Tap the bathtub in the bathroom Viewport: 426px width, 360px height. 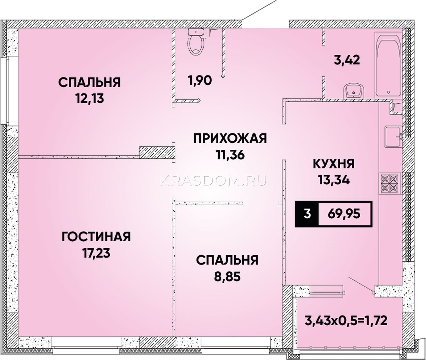[388, 65]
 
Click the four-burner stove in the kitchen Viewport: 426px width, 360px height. [390, 183]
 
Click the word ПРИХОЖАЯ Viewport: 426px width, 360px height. [230, 138]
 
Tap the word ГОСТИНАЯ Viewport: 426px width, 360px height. [96, 237]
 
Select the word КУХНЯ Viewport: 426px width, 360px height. [334, 164]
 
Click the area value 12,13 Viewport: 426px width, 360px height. [90, 99]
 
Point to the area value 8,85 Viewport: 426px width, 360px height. [227, 277]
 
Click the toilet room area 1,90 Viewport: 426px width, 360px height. [200, 80]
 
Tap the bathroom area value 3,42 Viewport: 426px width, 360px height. [347, 60]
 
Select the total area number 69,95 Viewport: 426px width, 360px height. [344, 214]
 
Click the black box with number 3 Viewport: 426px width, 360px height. [307, 214]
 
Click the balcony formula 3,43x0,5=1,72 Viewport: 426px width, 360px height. [346, 321]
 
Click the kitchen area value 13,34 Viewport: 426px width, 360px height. [334, 181]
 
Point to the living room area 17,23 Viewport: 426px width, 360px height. [96, 253]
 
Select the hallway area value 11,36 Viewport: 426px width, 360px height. [230, 155]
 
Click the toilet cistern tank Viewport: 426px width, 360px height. [196, 32]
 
